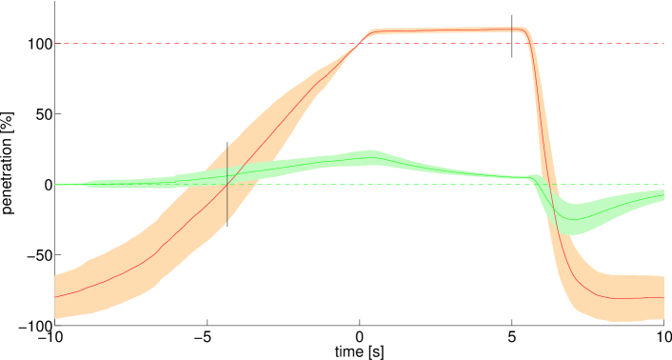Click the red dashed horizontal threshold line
pos(190,43)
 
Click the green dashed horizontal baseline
pos(428,184)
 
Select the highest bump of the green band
pos(369,155)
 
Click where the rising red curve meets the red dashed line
pos(359,43)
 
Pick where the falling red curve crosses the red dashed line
pos(534,43)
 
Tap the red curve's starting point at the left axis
pos(55,297)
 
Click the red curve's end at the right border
pos(662,297)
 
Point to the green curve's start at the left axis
pos(55,184)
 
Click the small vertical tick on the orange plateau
pos(513,30)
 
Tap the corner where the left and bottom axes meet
pos(55,326)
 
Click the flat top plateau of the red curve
pos(447,30)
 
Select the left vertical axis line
pos(55,143)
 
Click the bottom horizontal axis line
pos(362,326)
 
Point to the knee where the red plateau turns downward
pos(527,31)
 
